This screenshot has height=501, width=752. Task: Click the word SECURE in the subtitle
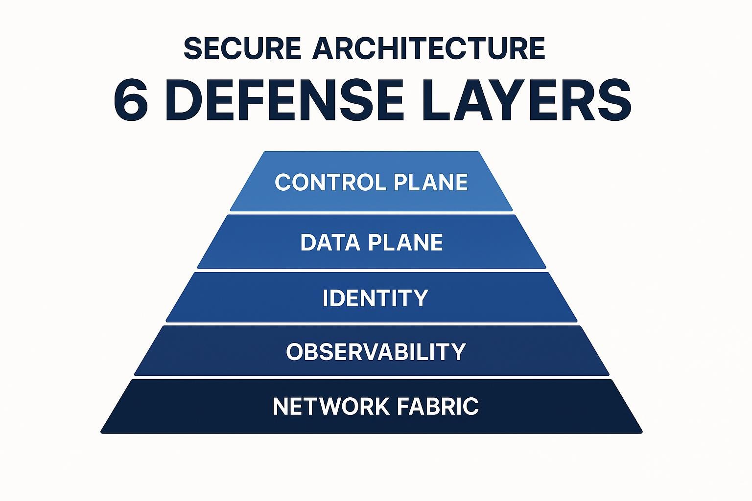[242, 48]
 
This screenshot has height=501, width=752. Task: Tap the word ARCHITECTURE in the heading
[428, 48]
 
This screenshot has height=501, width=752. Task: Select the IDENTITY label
[376, 298]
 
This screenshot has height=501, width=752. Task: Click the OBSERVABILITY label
[376, 352]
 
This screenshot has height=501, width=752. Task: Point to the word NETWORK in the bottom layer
[331, 407]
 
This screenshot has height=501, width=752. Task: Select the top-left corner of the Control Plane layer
[265, 153]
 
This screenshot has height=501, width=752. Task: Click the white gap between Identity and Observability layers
[372, 324]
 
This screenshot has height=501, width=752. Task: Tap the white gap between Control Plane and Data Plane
[372, 213]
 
